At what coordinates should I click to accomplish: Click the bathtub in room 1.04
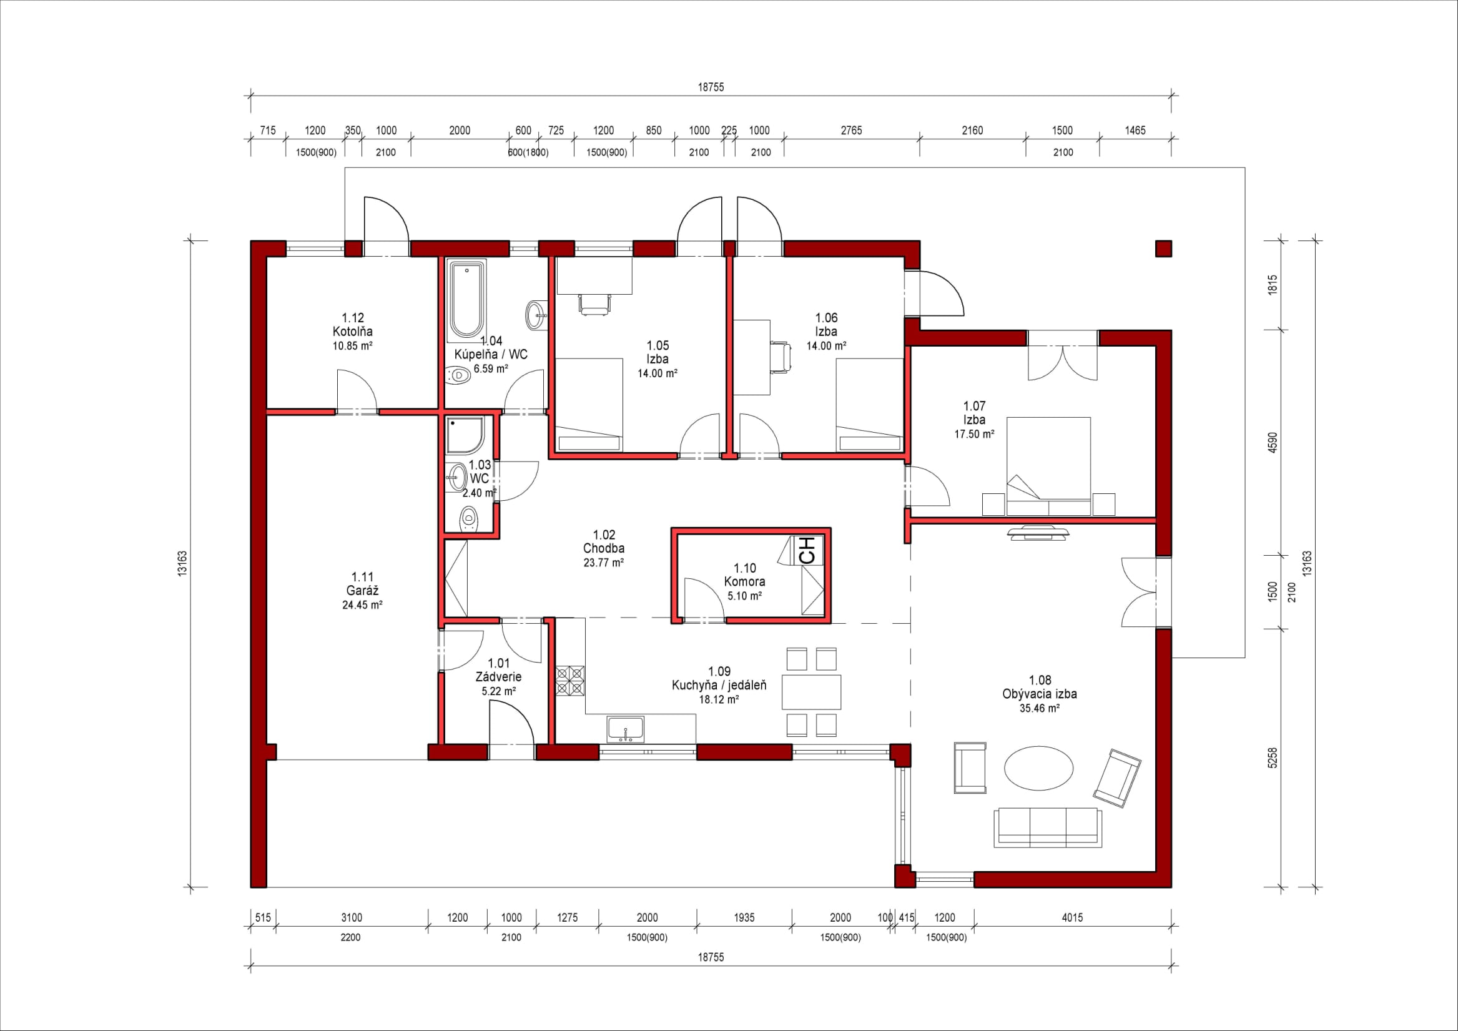466,300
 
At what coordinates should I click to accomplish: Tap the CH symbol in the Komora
807,550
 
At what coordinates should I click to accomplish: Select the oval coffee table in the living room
1038,768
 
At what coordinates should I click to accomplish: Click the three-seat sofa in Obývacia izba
1048,827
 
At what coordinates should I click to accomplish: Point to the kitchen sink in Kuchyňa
626,729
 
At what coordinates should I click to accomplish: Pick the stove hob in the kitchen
570,680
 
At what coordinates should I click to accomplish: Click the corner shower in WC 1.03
465,435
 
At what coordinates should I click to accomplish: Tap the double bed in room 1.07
1048,466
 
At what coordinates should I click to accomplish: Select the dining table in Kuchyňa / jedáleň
811,693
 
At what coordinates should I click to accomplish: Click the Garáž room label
363,591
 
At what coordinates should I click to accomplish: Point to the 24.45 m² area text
362,605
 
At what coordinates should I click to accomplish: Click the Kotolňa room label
352,332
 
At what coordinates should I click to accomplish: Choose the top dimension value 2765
852,131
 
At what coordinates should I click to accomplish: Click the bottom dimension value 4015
1073,917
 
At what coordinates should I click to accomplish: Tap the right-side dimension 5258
1273,758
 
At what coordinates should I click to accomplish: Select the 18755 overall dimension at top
711,87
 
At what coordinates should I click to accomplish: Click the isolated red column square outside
1163,249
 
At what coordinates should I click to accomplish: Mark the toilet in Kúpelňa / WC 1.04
457,376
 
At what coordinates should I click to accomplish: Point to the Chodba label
604,548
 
